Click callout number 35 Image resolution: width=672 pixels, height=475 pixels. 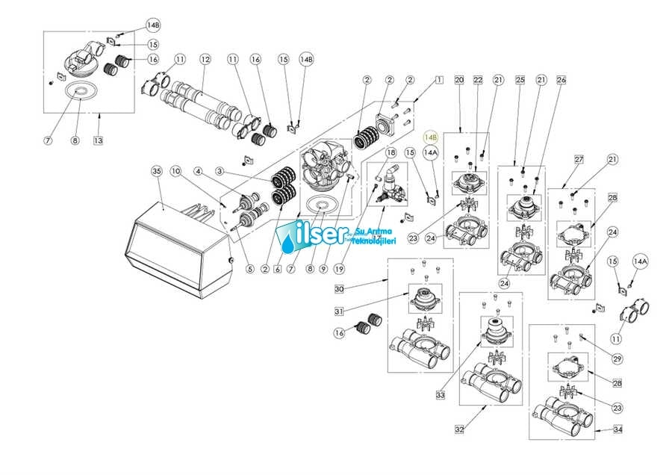[x=156, y=171]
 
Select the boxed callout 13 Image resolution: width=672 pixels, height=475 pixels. [x=99, y=140]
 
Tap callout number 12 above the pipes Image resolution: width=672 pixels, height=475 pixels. [x=205, y=59]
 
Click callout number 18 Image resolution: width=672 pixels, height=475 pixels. [x=390, y=152]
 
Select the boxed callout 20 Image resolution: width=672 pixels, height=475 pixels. [x=459, y=79]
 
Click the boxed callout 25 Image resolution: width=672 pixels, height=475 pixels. [x=520, y=79]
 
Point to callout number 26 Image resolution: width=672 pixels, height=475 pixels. [x=561, y=79]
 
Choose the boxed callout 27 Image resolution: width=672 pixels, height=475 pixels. [x=577, y=159]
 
